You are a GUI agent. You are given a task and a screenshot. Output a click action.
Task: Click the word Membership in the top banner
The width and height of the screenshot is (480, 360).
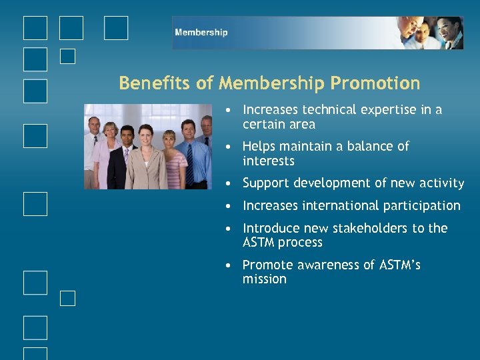tap(201, 33)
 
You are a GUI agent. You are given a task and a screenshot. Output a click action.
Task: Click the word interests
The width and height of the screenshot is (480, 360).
tap(269, 161)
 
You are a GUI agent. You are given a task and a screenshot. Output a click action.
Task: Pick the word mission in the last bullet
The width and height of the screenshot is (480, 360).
tap(265, 279)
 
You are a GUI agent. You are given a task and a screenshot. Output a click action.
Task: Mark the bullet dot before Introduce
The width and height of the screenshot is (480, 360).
tap(229, 229)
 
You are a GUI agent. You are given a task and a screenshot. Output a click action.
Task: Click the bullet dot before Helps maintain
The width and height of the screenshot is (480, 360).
tap(229, 147)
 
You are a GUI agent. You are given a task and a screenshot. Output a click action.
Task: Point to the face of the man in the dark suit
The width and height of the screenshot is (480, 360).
tap(125, 136)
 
